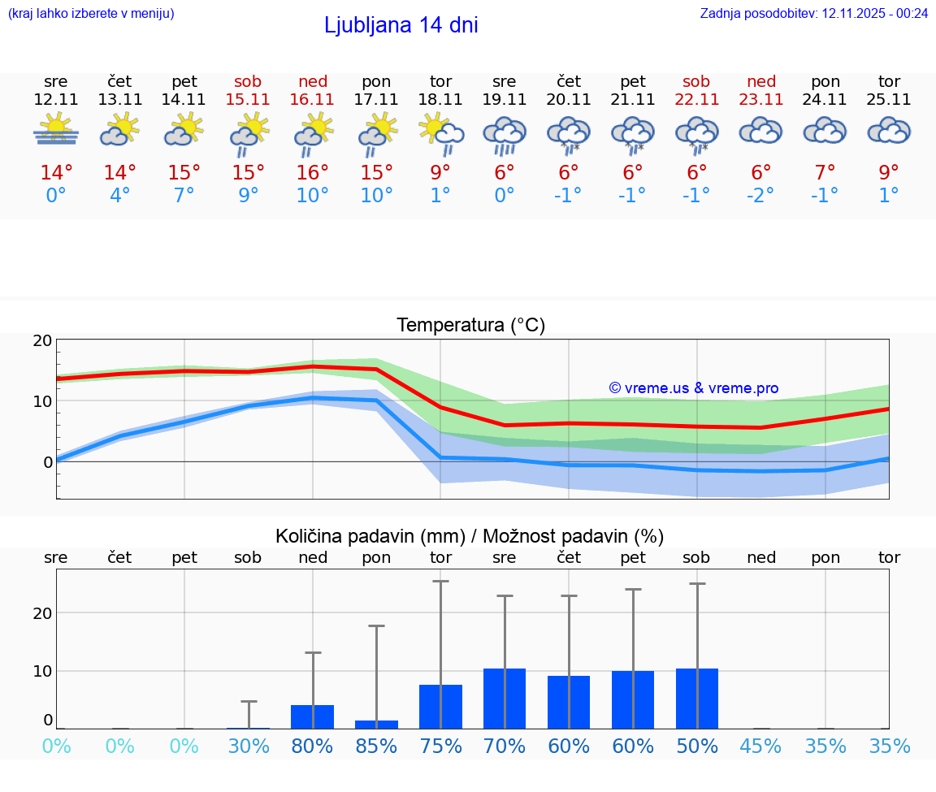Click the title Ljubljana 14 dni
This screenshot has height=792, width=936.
pyautogui.click(x=401, y=25)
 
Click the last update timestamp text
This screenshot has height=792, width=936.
pyautogui.click(x=813, y=13)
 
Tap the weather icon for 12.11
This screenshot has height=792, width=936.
pyautogui.click(x=56, y=130)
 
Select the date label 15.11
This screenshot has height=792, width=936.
pyautogui.click(x=249, y=100)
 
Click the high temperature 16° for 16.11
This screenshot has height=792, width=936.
pyautogui.click(x=313, y=172)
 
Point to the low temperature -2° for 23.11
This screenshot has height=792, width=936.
pyautogui.click(x=761, y=195)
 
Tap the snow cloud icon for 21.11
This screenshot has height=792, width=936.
pyautogui.click(x=633, y=133)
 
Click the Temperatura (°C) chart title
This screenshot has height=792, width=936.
pyautogui.click(x=470, y=326)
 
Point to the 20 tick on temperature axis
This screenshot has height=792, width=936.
pyautogui.click(x=42, y=340)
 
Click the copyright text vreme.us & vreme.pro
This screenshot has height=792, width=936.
pyautogui.click(x=693, y=388)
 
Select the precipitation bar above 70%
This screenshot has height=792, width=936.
pyautogui.click(x=505, y=699)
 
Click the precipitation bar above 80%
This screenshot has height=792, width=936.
pyautogui.click(x=313, y=716)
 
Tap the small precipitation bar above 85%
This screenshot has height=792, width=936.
pyautogui.click(x=377, y=724)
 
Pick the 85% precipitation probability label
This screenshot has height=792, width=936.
pyautogui.click(x=377, y=747)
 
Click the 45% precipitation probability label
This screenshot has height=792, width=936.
pyautogui.click(x=761, y=747)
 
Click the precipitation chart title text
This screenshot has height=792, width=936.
pyautogui.click(x=470, y=536)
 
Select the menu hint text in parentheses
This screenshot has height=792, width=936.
pyautogui.click(x=91, y=13)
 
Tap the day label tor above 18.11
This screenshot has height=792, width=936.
pyautogui.click(x=440, y=81)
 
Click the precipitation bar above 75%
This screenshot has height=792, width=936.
pyautogui.click(x=440, y=707)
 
